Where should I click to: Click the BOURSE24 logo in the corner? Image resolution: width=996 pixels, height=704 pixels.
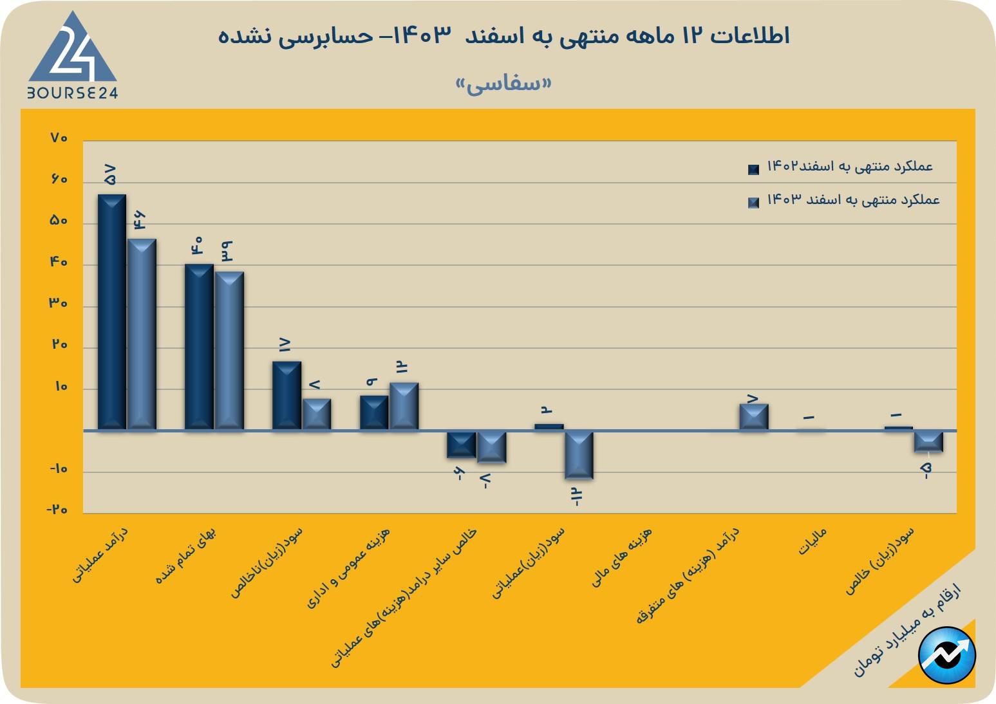(72, 57)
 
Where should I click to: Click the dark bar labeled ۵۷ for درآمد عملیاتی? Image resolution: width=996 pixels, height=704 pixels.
(111, 311)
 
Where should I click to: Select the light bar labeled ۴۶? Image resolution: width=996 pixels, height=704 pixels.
(142, 334)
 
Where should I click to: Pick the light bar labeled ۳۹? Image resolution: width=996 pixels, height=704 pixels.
(229, 350)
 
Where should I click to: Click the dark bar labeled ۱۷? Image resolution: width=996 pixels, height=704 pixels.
(287, 395)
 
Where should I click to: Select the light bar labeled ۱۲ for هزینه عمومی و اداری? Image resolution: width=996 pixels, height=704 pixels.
(404, 406)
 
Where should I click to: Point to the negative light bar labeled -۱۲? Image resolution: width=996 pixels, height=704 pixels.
(579, 455)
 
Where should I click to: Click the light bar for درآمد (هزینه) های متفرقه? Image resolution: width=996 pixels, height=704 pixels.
(753, 417)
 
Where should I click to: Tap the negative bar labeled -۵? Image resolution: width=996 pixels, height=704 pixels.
(928, 441)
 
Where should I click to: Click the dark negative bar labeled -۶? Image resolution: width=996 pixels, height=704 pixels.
(462, 445)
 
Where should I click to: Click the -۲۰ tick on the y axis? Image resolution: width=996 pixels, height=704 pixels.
(57, 510)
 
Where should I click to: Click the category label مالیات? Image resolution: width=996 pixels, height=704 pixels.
(813, 542)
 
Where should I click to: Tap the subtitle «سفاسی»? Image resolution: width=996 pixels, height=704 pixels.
(503, 84)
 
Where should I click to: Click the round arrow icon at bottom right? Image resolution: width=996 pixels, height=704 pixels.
(947, 655)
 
